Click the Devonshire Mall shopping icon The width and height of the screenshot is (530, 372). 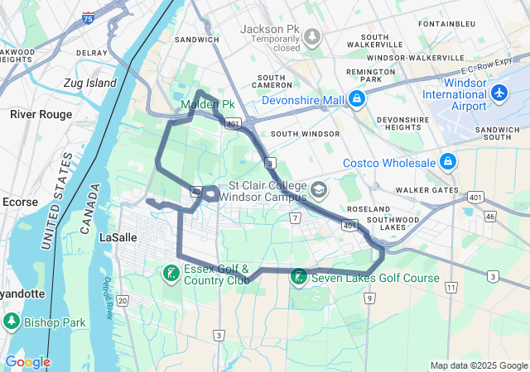click(x=356, y=100)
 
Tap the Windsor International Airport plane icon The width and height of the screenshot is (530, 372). click(x=499, y=93)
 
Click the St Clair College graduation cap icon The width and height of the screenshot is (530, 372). click(x=318, y=191)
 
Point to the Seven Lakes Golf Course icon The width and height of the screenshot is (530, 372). click(x=299, y=278)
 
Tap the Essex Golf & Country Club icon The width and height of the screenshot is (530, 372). click(x=171, y=274)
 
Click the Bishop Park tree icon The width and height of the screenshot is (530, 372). click(x=12, y=322)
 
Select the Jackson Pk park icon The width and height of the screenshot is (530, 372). click(x=312, y=36)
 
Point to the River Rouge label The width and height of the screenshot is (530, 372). click(x=36, y=114)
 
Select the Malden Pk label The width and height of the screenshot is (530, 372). click(x=208, y=105)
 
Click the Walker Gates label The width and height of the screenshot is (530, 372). click(x=426, y=191)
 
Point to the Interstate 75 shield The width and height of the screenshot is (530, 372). click(x=89, y=17)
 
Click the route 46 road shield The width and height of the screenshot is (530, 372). click(x=490, y=217)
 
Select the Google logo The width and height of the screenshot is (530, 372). click(x=27, y=362)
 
